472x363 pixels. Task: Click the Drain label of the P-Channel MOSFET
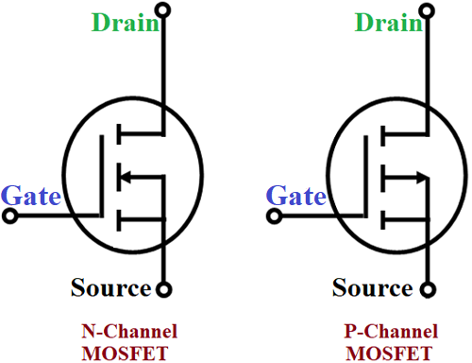[x=388, y=22]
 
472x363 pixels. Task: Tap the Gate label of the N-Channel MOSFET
[x=30, y=197]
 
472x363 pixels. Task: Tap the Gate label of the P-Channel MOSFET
[x=296, y=197]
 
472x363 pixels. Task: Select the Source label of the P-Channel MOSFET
[x=373, y=287]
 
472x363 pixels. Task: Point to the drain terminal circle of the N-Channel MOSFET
[x=165, y=11]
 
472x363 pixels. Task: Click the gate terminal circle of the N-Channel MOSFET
[x=10, y=216]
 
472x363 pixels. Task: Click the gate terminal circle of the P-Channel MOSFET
[x=273, y=216]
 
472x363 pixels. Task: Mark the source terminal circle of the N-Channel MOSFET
[x=165, y=288]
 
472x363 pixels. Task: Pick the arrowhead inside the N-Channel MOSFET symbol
[x=123, y=175]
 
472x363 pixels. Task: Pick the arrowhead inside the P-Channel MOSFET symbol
[x=418, y=175]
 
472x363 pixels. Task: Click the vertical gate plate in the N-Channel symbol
[x=100, y=176]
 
